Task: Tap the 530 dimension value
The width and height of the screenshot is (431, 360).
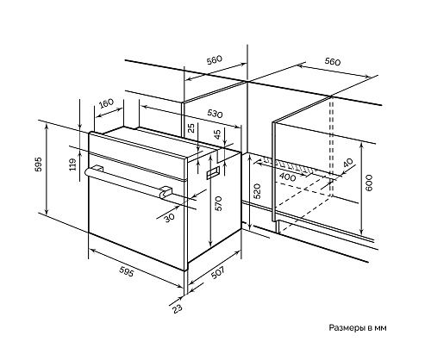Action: [215, 114]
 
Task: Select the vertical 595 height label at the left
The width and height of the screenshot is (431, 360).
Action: [39, 164]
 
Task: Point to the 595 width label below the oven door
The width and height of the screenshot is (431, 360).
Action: [127, 271]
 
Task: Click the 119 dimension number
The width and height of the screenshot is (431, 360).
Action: [73, 164]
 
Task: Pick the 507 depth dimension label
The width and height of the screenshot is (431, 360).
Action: [218, 272]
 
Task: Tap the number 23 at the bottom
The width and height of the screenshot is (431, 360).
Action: [178, 308]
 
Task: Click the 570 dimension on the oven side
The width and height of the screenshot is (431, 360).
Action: [219, 203]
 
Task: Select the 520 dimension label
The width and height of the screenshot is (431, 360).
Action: [257, 191]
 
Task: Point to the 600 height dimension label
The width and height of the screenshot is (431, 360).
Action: [370, 183]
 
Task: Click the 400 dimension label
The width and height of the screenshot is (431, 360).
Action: [287, 177]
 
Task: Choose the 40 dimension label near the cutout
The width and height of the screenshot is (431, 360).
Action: [347, 163]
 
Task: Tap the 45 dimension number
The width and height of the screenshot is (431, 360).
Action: [218, 134]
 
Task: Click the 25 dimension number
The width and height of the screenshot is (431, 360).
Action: [191, 127]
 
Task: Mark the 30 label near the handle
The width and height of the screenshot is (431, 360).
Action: [170, 218]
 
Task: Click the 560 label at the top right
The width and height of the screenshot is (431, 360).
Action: [333, 61]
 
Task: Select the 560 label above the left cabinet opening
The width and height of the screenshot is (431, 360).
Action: [215, 60]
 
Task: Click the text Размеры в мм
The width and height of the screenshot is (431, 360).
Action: [358, 327]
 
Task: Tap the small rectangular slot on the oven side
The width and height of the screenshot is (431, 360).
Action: [213, 173]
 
